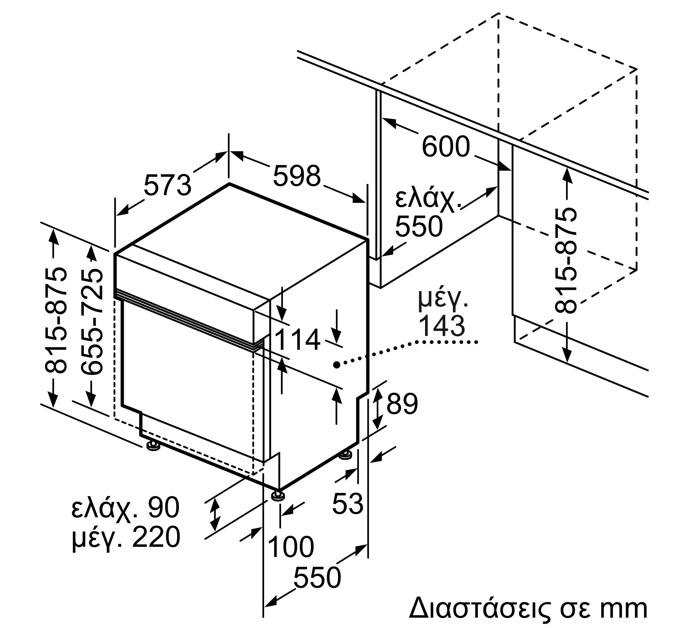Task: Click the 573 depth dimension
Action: [167, 185]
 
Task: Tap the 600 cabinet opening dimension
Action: [446, 146]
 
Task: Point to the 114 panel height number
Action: [297, 340]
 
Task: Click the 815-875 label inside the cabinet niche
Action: [565, 261]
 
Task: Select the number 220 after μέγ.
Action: [156, 537]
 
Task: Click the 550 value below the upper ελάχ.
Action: [419, 226]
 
